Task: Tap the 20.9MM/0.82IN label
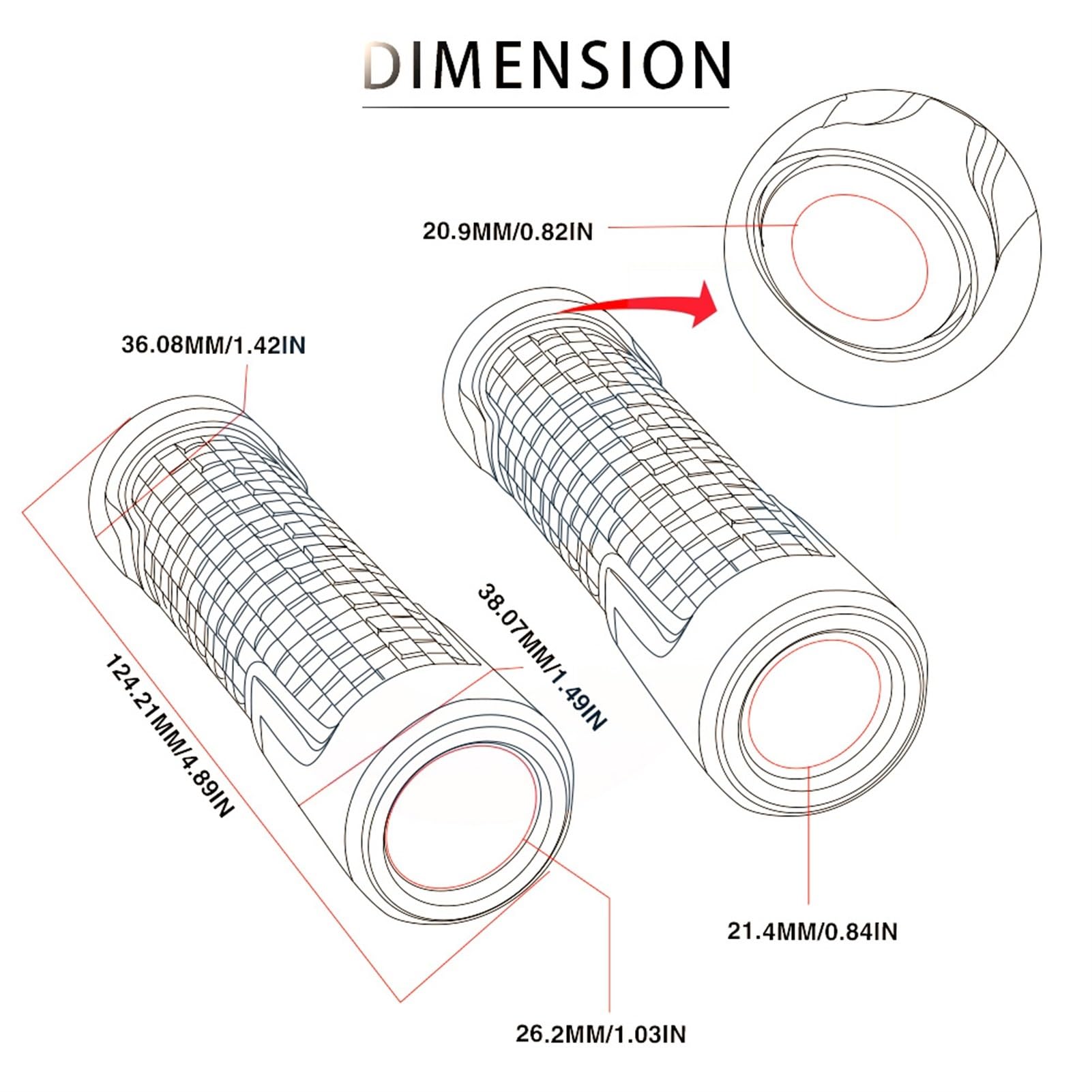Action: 507,232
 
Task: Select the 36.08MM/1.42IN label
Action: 213,345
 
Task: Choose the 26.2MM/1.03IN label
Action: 600,1034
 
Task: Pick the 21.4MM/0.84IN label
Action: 812,931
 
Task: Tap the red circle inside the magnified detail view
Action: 859,257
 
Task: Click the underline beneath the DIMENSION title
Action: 546,107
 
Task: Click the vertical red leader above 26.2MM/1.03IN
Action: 608,955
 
